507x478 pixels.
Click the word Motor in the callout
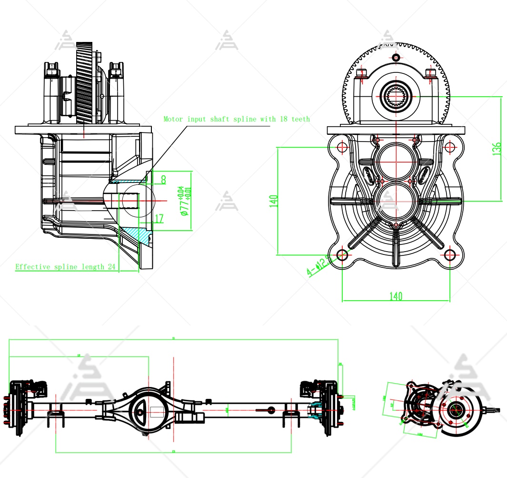click(173, 119)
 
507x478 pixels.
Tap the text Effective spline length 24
click(66, 267)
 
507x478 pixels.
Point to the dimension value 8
click(163, 180)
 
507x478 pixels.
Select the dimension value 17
click(159, 219)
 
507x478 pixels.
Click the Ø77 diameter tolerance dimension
click(185, 201)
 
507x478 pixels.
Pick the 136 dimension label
click(497, 149)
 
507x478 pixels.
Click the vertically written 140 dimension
click(273, 201)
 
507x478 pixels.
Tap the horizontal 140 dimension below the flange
click(396, 296)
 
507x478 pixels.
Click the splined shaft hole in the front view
click(396, 96)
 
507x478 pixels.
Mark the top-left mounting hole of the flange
click(342, 147)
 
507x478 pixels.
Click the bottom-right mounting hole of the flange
click(450, 255)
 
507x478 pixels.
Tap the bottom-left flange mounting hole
click(342, 255)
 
